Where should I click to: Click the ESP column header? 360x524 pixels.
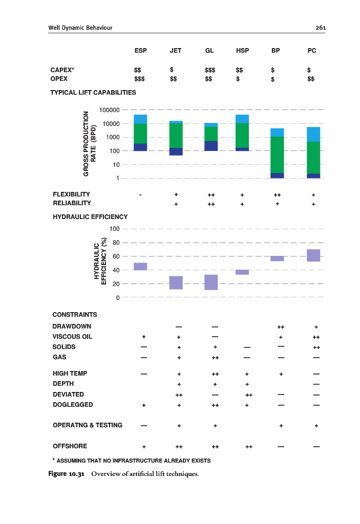[x=140, y=51]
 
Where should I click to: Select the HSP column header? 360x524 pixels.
[x=243, y=51]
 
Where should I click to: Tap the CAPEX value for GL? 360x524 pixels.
[x=209, y=69]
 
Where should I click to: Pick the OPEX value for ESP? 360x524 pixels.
[x=139, y=79]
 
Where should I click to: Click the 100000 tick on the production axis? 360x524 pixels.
[x=110, y=110]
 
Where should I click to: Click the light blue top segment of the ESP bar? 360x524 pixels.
[x=140, y=119]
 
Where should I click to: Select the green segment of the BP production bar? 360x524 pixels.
[x=277, y=155]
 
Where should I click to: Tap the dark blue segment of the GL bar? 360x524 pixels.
[x=210, y=146]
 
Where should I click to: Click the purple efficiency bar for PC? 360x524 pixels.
[x=313, y=255]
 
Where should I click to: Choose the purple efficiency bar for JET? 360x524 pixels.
[x=176, y=282]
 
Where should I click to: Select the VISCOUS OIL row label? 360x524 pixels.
[x=72, y=337]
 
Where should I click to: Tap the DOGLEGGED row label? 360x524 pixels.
[x=73, y=405]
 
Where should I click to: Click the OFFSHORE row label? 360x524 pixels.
[x=70, y=446]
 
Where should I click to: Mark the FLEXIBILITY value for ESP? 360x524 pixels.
[x=140, y=195]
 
